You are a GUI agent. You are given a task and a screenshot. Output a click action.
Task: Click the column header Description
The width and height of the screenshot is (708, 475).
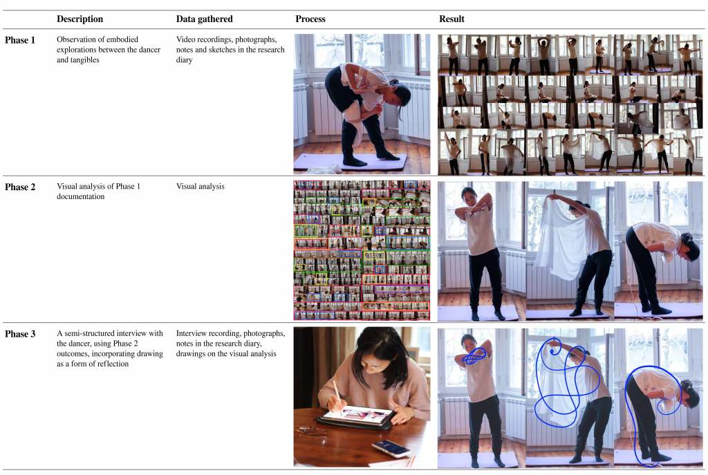point(80,19)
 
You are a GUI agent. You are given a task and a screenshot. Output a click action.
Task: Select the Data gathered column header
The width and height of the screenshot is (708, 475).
point(204,19)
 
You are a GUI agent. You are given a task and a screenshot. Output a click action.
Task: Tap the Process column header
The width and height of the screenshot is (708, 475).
point(310,19)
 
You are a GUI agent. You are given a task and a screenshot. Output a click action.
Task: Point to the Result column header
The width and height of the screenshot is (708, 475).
point(451,19)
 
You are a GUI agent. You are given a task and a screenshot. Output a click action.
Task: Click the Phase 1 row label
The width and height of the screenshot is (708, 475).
point(20,40)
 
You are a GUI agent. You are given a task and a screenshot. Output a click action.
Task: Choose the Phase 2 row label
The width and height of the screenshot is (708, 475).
point(20,187)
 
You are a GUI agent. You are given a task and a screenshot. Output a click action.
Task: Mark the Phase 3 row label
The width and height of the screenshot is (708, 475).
point(20,334)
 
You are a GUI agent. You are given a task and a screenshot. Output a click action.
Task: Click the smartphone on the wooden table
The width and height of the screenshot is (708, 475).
point(391,448)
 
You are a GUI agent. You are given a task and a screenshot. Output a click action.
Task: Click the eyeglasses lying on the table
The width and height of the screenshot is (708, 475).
point(312,432)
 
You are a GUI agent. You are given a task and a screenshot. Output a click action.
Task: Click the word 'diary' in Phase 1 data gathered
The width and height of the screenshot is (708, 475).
point(184,60)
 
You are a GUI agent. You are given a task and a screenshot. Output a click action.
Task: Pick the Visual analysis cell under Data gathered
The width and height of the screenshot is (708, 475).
point(200,187)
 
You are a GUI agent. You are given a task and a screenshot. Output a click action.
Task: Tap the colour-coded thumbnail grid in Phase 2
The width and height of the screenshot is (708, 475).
point(362,250)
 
